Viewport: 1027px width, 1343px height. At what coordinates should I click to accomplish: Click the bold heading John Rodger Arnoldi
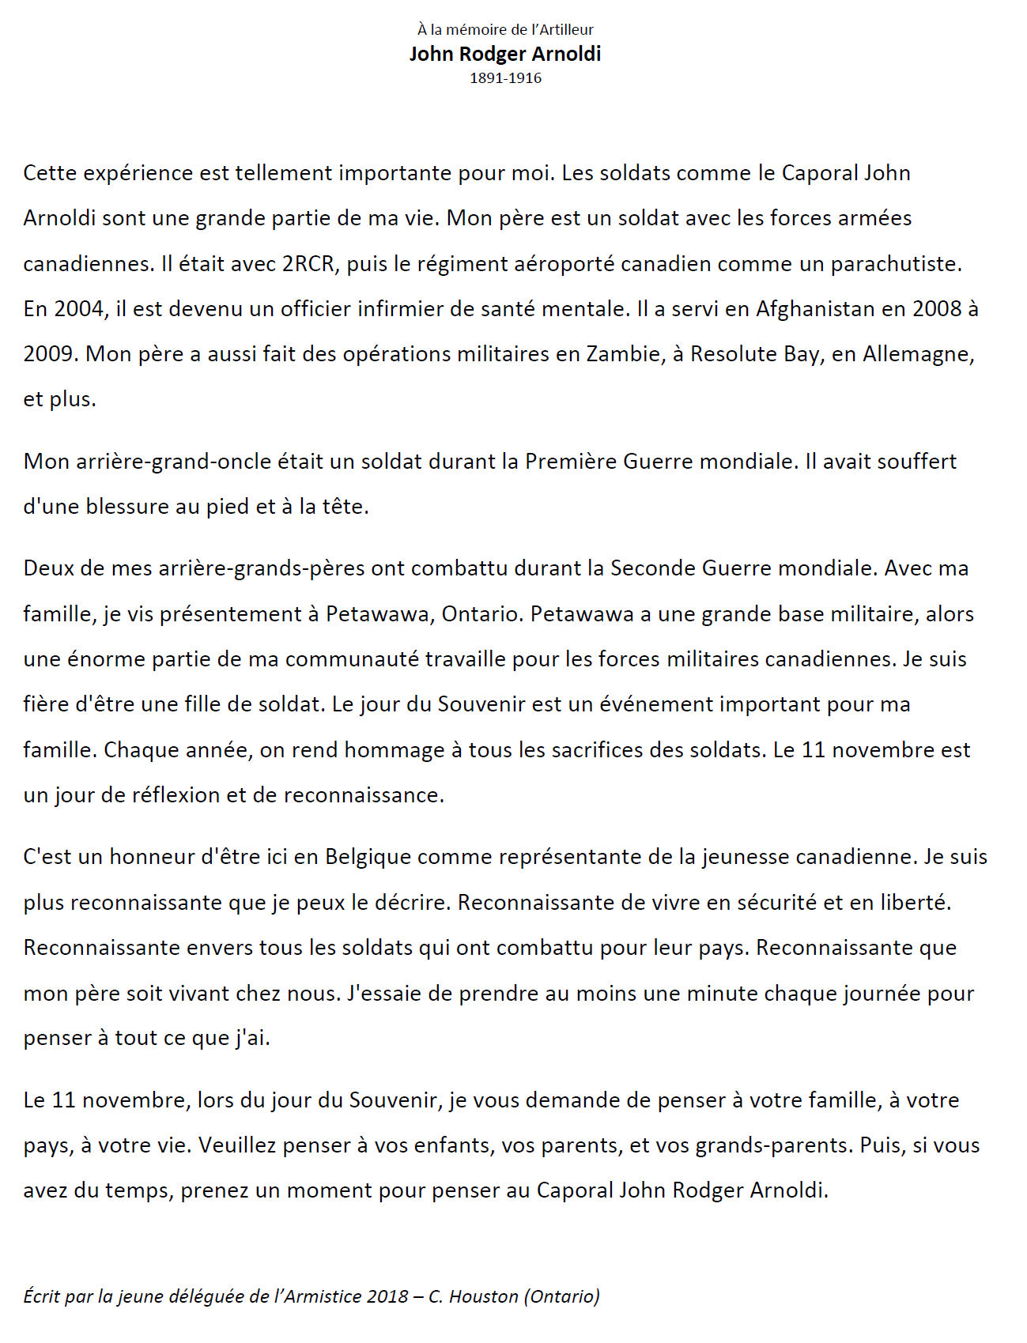(505, 54)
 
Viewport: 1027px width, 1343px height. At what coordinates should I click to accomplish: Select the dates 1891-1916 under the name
(505, 77)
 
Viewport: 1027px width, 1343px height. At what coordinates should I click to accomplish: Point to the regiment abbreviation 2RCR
(308, 263)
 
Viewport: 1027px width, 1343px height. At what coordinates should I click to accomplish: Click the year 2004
(79, 308)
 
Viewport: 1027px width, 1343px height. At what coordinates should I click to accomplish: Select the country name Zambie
(623, 353)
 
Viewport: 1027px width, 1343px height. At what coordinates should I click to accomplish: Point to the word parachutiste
(896, 263)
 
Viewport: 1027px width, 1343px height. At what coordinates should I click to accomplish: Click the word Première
(571, 461)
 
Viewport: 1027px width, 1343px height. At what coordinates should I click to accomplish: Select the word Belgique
(368, 856)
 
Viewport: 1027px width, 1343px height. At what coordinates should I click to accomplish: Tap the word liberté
(915, 902)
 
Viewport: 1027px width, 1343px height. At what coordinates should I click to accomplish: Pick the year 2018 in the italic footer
(387, 1296)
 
